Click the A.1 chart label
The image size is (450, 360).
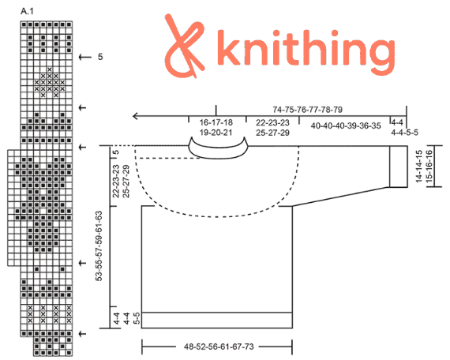pyautogui.click(x=28, y=12)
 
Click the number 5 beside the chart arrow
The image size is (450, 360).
pyautogui.click(x=100, y=57)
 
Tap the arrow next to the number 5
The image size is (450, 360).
pyautogui.click(x=84, y=57)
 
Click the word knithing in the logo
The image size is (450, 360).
pyautogui.click(x=306, y=51)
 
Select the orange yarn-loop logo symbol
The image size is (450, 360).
pyautogui.click(x=184, y=46)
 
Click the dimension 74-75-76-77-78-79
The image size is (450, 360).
pyautogui.click(x=307, y=110)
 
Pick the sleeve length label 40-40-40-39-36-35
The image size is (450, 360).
pyautogui.click(x=346, y=126)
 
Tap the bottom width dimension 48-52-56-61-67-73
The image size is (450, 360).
pyautogui.click(x=219, y=347)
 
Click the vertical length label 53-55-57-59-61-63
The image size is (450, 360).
pyautogui.click(x=99, y=246)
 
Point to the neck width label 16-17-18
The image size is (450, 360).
pyautogui.click(x=216, y=122)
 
